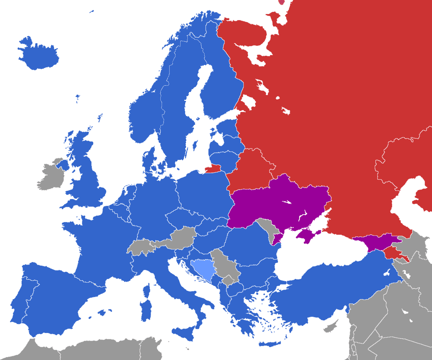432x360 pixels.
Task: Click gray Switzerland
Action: coord(140,246)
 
